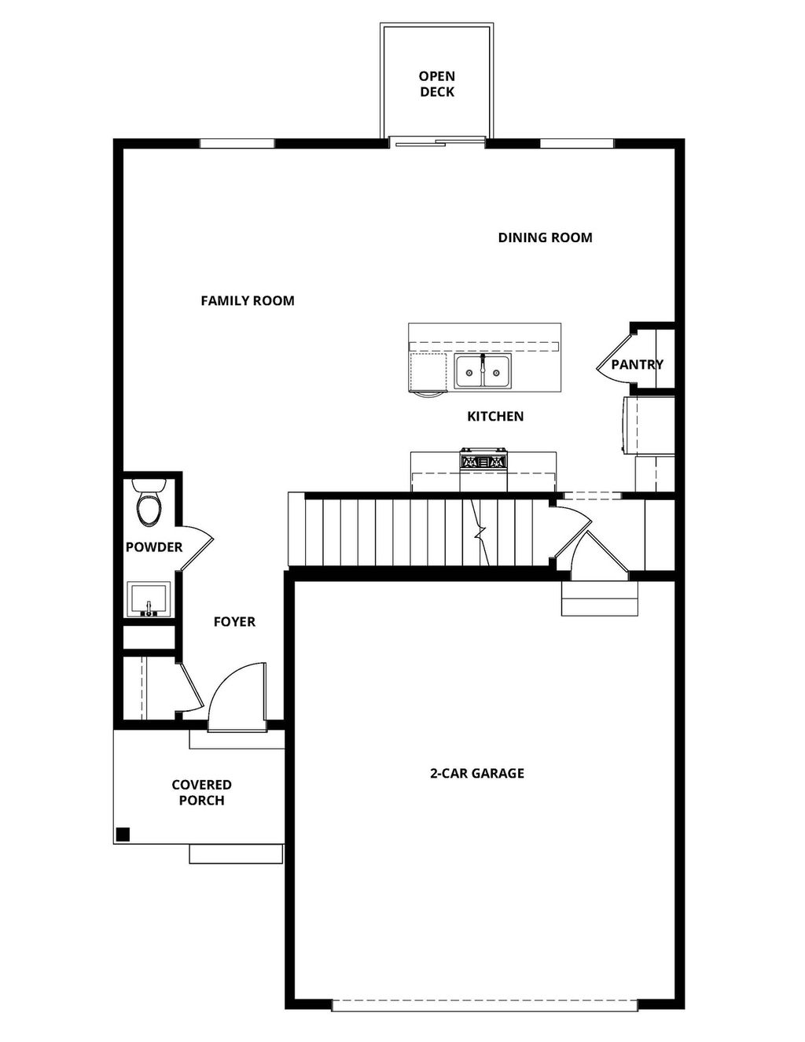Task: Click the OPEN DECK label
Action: tap(436, 84)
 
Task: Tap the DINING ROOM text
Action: tap(545, 237)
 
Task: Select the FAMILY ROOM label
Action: tap(248, 300)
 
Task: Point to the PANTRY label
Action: tap(637, 364)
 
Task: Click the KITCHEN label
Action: tap(495, 416)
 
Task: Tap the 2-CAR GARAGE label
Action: tap(476, 773)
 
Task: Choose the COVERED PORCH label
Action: tap(201, 793)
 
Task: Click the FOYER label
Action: tap(234, 621)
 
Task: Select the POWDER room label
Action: tap(154, 547)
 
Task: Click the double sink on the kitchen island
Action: tap(482, 371)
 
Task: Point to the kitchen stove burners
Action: tap(483, 462)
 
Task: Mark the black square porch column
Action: tap(123, 834)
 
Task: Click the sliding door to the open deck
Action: tap(437, 142)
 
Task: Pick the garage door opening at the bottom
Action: tap(484, 1004)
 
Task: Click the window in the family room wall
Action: tap(237, 143)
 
